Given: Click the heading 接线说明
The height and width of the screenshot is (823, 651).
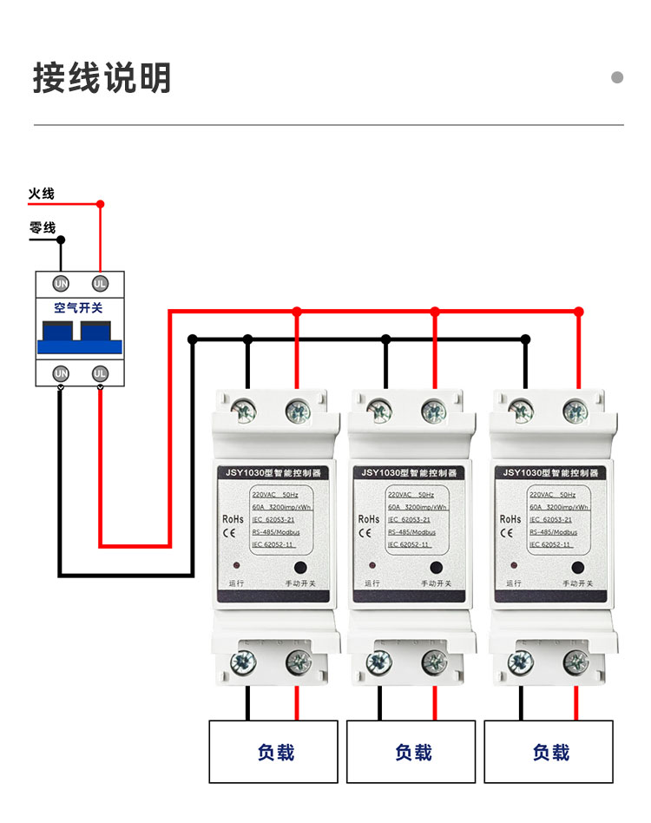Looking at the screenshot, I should point(102,78).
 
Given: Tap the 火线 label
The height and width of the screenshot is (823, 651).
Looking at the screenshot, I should point(41,194).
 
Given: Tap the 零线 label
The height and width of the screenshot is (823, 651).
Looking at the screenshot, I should point(42,228).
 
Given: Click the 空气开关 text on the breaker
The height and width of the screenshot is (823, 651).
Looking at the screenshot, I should point(78,307).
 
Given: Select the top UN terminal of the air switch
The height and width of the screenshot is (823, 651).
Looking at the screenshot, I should point(61,283).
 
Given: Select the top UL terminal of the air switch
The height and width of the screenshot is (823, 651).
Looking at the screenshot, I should point(100,283).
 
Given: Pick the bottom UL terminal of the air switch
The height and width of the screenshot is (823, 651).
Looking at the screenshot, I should point(100,373).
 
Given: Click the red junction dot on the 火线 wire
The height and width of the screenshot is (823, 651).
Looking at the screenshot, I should point(100,205).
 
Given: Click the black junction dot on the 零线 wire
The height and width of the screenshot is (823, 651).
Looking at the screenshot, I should point(61,239).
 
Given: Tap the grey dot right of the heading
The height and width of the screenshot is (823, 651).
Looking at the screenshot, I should point(617,77).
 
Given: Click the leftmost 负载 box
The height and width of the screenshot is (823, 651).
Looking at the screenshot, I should point(275,752).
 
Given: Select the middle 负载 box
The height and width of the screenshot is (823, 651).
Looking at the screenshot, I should point(412,752).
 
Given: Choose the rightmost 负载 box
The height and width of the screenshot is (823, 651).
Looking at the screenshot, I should point(549,752).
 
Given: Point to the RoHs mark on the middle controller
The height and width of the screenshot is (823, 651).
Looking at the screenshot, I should point(368,519).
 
